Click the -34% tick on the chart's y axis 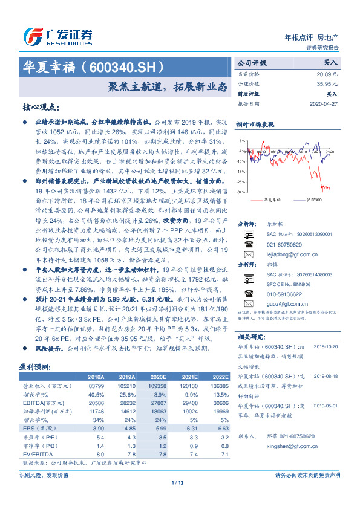(x=241, y=192)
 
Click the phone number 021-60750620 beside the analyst (x=284, y=244)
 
